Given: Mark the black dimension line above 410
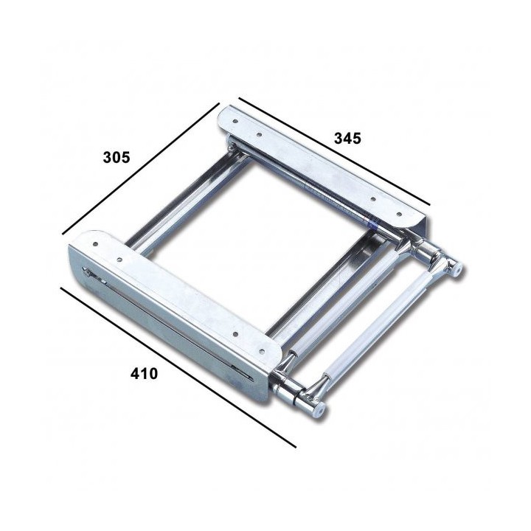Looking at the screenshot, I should [177, 367].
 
